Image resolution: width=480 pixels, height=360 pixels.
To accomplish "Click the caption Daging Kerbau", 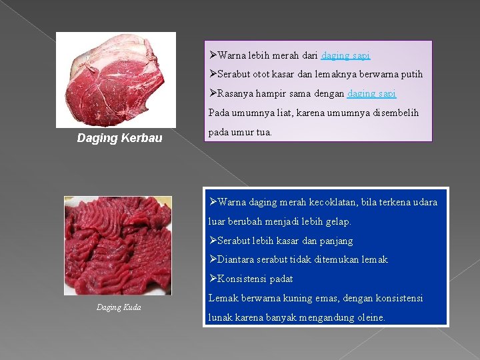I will [119, 139].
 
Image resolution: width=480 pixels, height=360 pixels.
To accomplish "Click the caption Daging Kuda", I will [119, 307].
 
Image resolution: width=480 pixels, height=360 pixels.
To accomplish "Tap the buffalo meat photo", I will [116, 79].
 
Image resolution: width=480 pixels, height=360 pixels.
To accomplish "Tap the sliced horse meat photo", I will [117, 245].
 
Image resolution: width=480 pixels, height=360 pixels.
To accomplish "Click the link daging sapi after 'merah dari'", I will [345, 55].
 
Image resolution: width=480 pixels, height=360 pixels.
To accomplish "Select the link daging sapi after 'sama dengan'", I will [372, 94].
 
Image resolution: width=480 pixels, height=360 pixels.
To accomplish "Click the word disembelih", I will [395, 113].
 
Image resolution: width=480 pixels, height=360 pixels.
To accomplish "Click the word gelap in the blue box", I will [335, 221].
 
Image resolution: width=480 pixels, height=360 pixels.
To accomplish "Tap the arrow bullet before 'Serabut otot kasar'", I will [213, 75].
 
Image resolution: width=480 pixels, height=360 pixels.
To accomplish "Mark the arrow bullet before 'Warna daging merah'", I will [213, 202].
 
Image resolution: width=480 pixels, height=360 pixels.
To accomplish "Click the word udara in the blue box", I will [424, 202].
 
